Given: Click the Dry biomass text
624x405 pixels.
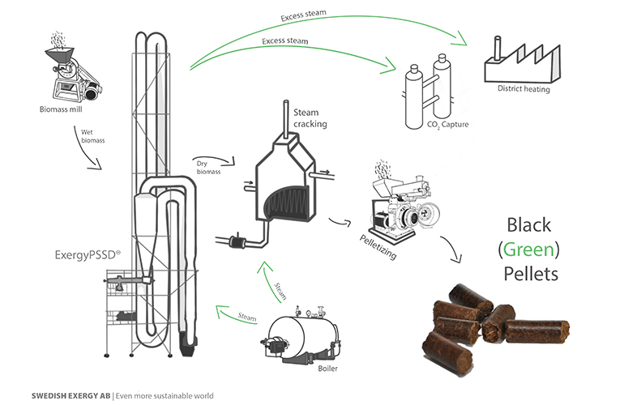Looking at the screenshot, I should [208, 166].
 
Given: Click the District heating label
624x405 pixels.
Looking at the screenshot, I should [524, 89].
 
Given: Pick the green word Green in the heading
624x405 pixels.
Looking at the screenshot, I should [530, 249].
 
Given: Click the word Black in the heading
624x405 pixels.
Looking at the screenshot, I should [530, 224].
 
